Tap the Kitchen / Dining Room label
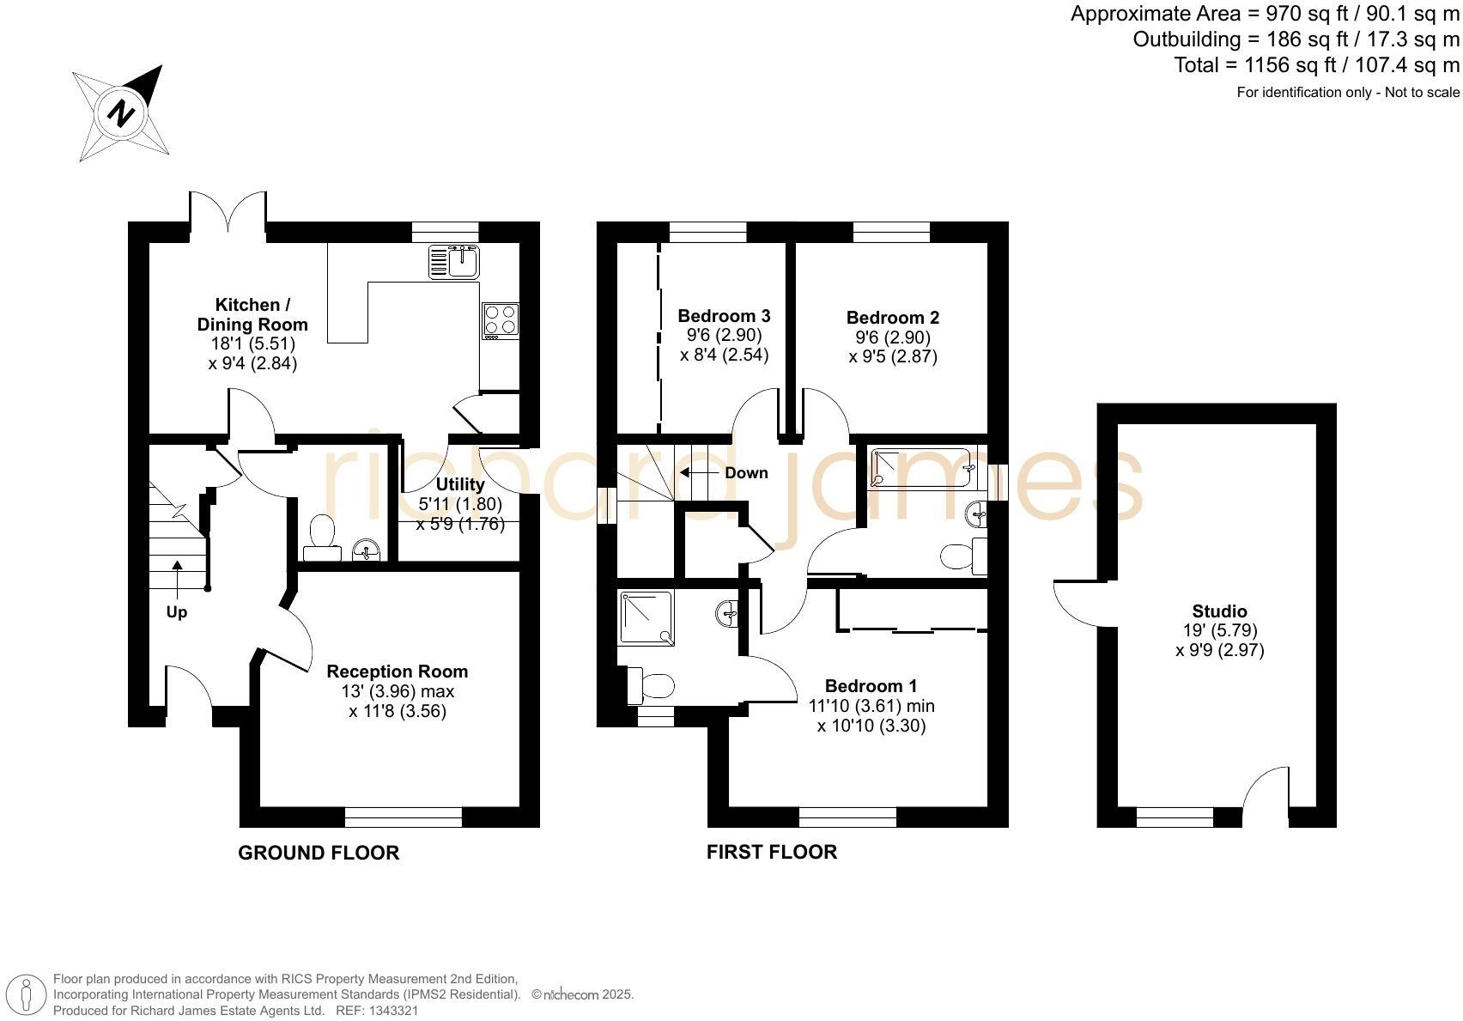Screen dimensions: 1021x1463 (252, 314)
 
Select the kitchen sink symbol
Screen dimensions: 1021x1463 (454, 261)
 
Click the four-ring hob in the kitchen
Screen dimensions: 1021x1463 (501, 319)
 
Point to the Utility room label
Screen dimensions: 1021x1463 (460, 484)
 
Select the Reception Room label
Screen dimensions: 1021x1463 (397, 672)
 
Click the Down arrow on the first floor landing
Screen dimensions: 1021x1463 (700, 472)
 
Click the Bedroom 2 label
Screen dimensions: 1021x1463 (892, 317)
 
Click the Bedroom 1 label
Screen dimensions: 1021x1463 (871, 685)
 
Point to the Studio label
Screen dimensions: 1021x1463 (1219, 611)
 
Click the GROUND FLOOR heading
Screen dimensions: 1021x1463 (318, 853)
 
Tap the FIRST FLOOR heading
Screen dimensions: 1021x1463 (771, 851)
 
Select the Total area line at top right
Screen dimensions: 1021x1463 (1316, 65)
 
